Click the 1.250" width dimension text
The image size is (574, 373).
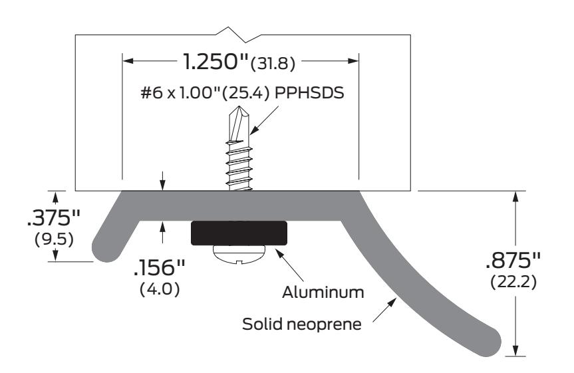(x=215, y=61)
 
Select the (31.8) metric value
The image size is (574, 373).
(x=273, y=64)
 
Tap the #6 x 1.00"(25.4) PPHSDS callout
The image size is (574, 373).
(x=242, y=93)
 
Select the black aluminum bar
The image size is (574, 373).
(x=239, y=233)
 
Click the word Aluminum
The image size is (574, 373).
(x=323, y=293)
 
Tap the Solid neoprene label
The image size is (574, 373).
(x=302, y=324)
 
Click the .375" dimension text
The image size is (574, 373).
(x=53, y=218)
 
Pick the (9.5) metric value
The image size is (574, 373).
(x=54, y=239)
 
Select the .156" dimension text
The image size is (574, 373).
(x=159, y=268)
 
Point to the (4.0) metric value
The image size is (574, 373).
(x=160, y=289)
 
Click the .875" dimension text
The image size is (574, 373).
(x=513, y=261)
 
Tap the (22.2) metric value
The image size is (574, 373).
(x=513, y=282)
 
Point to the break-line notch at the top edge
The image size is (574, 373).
(x=239, y=34)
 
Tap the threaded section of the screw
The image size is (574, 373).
(x=240, y=166)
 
